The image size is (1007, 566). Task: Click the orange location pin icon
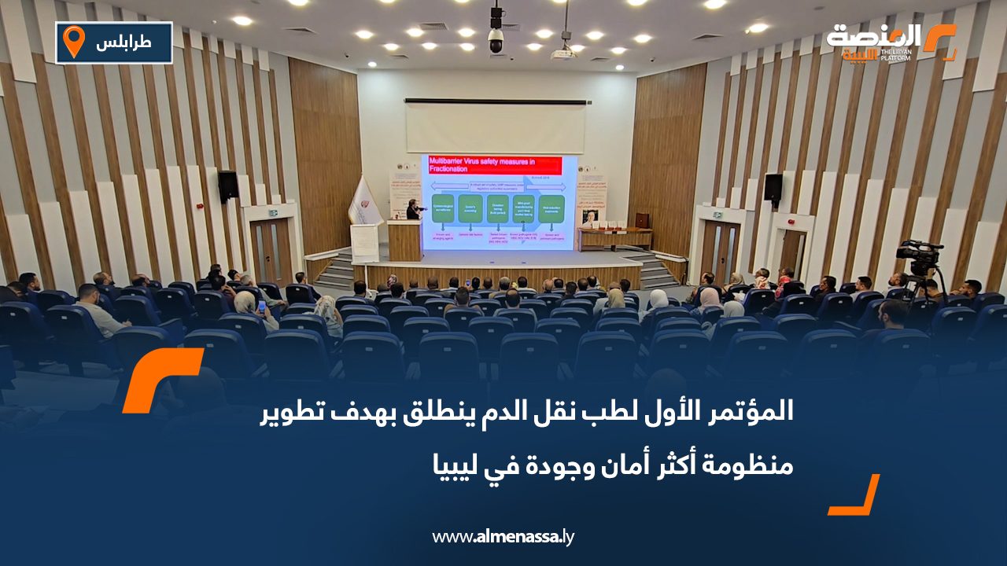[73, 42]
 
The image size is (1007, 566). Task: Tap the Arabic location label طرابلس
[124, 42]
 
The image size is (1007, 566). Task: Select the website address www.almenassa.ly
[503, 537]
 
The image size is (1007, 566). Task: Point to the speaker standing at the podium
[412, 210]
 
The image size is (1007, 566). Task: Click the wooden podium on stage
[404, 240]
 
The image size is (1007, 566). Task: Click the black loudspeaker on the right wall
[773, 188]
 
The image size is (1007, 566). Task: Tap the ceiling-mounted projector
[563, 53]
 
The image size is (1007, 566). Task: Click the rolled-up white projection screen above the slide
[496, 127]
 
